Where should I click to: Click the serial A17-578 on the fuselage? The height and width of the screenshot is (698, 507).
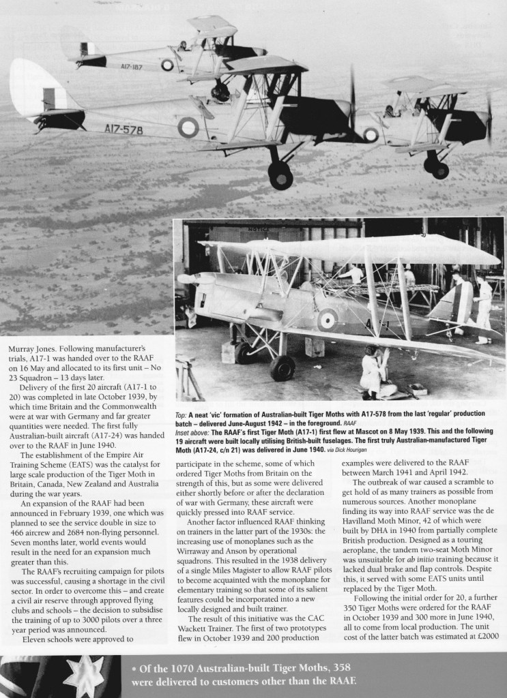[x=124, y=128]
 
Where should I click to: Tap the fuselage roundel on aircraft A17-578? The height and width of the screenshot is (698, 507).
[x=188, y=126]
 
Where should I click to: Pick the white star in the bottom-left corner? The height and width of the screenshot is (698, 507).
[x=87, y=675]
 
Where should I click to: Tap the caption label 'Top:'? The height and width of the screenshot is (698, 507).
[x=182, y=414]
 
